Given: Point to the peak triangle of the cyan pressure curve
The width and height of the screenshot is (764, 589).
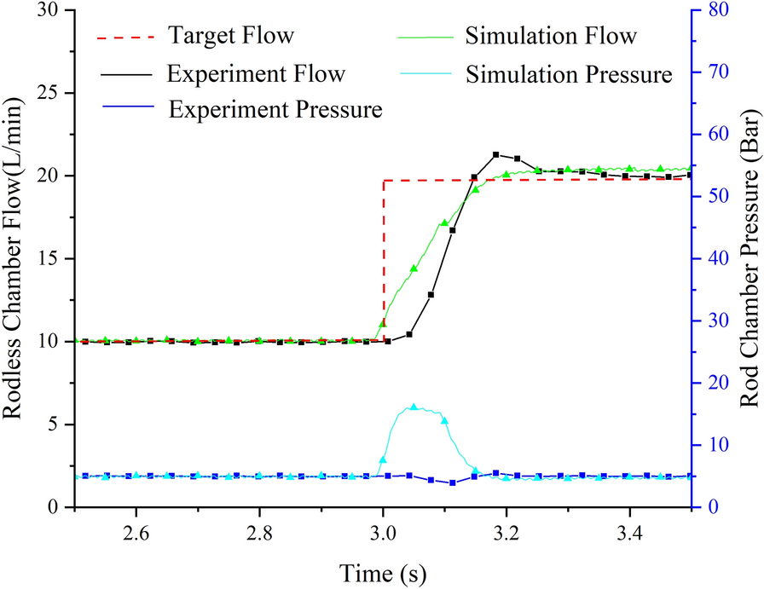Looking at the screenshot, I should point(414,407).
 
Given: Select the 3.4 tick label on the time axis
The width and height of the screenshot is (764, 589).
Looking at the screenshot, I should point(630,534).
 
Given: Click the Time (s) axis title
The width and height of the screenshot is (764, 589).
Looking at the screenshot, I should point(383,570).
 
